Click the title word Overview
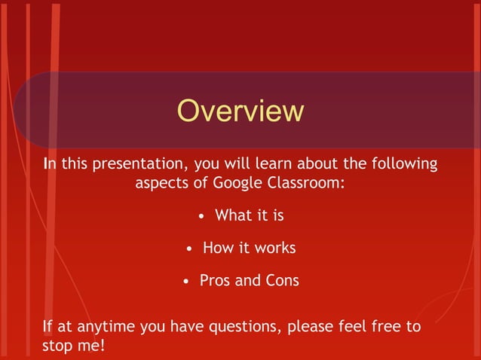(240, 111)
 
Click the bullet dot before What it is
(201, 217)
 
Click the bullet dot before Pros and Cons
(185, 282)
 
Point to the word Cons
(282, 281)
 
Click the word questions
(253, 328)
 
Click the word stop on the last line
(59, 347)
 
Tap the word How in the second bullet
(218, 249)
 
